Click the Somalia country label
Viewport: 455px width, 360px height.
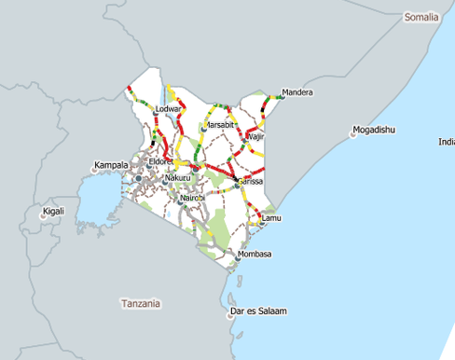coord(421,18)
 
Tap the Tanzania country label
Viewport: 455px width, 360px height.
coord(141,303)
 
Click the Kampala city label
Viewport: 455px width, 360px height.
coord(111,165)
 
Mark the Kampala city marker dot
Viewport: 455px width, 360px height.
coord(95,170)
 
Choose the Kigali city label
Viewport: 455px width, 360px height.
coord(54,212)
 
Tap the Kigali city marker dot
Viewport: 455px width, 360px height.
coord(41,216)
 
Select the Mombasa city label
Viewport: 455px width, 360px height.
coord(255,254)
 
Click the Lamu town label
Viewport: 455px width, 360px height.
coord(271,217)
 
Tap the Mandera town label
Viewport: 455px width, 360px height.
coord(297,92)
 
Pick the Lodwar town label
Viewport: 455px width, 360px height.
coord(168,109)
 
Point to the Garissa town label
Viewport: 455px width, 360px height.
coord(252,181)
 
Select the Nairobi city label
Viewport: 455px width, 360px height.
coord(191,198)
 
